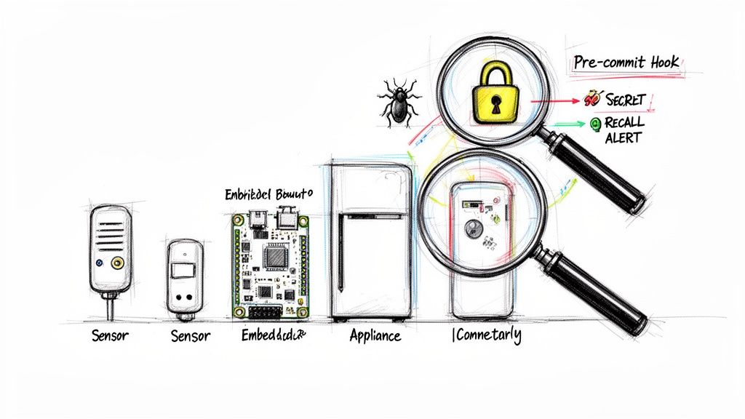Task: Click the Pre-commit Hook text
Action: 626,63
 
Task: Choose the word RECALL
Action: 624,124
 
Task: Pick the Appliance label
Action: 375,336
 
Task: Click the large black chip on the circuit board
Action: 275,257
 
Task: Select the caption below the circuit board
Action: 274,335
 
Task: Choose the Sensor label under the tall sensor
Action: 110,336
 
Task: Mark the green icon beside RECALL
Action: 596,124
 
